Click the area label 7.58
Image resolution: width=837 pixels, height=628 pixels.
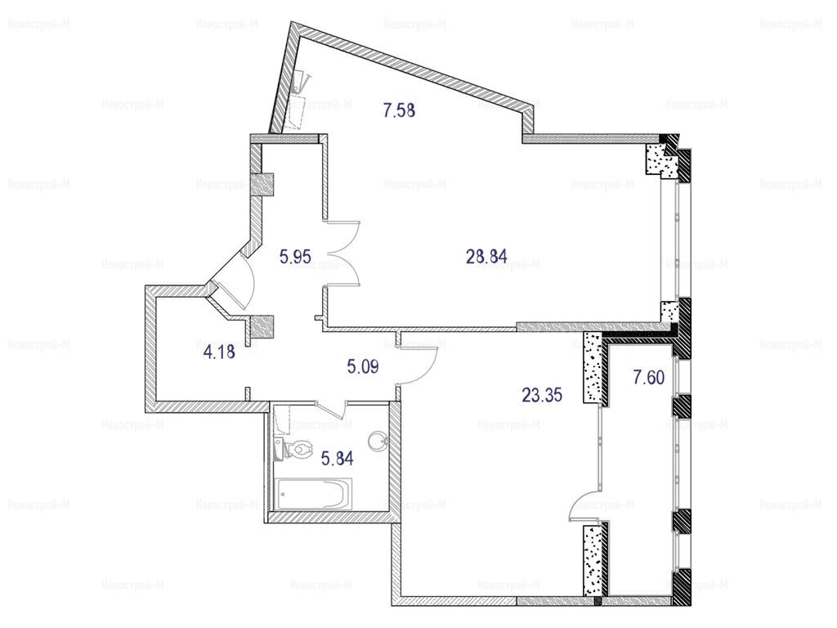[x=399, y=110]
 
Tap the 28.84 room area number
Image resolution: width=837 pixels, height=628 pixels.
[x=486, y=257]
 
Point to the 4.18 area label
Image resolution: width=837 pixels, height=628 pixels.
[x=219, y=352]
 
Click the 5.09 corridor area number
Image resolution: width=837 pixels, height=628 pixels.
[x=362, y=367]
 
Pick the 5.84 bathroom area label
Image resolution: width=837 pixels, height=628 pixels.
[x=337, y=458]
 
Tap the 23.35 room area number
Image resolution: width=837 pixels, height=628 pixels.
[x=542, y=396]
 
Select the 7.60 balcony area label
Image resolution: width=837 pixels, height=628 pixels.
[x=648, y=378]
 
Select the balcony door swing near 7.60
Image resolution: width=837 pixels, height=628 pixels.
[x=586, y=505]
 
